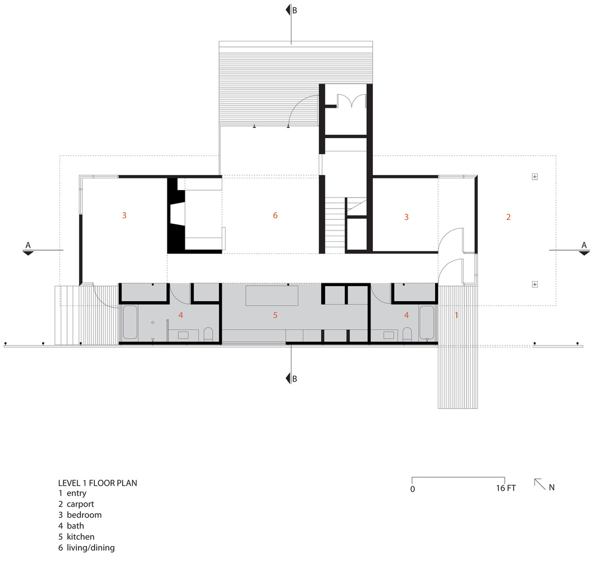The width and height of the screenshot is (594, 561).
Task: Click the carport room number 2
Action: click(x=508, y=217)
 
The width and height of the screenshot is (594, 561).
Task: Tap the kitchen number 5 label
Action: click(x=275, y=315)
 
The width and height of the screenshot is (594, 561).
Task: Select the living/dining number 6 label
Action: click(x=275, y=215)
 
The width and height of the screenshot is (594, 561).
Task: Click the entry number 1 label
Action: click(x=456, y=315)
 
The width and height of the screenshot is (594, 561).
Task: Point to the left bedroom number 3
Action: click(x=124, y=215)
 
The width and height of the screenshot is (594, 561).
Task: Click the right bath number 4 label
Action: click(x=406, y=315)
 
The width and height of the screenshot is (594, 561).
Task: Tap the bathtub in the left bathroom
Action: click(x=130, y=323)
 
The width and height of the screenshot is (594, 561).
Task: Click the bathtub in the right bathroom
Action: click(x=427, y=323)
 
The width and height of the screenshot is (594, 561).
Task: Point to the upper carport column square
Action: click(x=534, y=177)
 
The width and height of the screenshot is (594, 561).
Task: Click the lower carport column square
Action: click(x=534, y=284)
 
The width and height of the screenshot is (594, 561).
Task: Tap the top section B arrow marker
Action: click(x=289, y=10)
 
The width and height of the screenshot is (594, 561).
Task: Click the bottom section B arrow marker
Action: click(x=289, y=378)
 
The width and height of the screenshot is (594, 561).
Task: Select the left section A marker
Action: click(x=28, y=249)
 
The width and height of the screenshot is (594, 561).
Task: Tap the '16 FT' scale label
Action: click(x=505, y=489)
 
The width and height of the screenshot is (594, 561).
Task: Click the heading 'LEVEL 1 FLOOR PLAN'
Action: click(x=98, y=482)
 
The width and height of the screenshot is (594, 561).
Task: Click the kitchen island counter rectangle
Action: click(x=273, y=295)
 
